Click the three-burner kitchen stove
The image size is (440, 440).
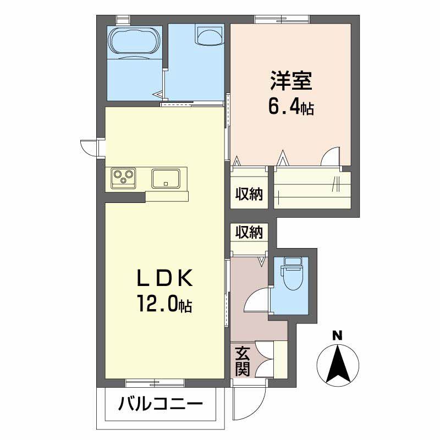pos(123,177)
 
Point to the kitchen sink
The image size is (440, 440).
pos(166,178)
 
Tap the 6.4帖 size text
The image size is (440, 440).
pos(291,107)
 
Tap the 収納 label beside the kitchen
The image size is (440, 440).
pos(249,194)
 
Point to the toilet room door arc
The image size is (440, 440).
pos(257,302)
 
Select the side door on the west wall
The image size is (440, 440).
pos(90,147)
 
